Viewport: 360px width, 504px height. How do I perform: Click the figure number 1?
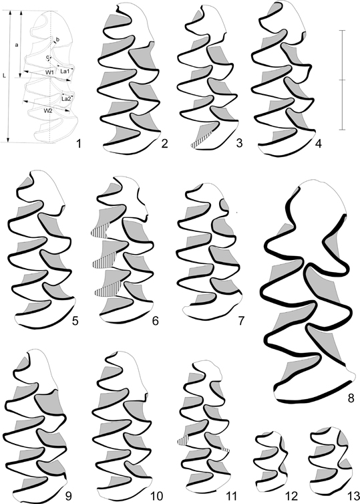coord(78,143)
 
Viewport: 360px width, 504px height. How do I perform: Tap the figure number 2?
coord(165,143)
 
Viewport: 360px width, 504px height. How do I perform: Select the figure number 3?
coord(239,143)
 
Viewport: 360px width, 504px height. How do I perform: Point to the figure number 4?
coord(318,143)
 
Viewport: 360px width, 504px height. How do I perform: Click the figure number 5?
coord(75,321)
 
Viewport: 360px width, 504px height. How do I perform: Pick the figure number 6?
coord(156,321)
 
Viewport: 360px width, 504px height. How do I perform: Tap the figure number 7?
coord(241,321)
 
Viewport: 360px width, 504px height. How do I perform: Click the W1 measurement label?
coord(49,73)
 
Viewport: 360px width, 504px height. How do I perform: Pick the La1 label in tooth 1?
coord(65,72)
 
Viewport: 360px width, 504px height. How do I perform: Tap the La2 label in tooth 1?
coord(66,100)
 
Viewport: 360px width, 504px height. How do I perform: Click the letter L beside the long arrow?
coord(4,76)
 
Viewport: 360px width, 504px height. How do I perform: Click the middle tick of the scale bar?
coord(343,80)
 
